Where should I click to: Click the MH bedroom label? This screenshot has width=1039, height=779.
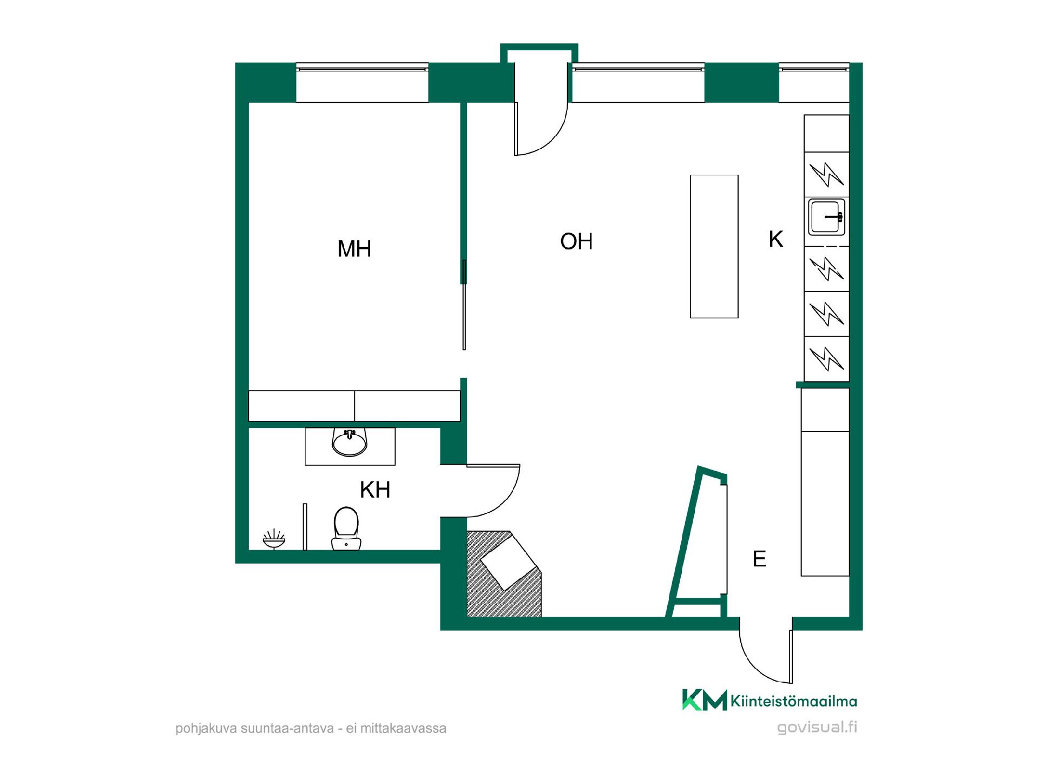click(354, 249)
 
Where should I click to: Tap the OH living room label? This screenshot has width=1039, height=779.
click(576, 242)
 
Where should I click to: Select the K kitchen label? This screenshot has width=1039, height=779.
click(776, 239)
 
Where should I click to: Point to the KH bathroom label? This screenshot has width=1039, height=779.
click(375, 490)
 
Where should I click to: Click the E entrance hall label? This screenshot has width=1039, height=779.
click(759, 559)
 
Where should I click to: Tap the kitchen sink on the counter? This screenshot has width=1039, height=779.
click(826, 217)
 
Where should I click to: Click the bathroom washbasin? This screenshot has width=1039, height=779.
click(350, 442)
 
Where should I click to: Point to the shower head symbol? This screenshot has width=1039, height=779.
click(274, 539)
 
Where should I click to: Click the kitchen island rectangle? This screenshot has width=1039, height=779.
click(714, 246)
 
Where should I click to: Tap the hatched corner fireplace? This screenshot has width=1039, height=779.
click(504, 574)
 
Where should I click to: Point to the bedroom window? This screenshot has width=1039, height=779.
click(362, 83)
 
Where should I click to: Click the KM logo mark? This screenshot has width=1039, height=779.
click(705, 699)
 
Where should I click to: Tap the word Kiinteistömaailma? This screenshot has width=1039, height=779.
click(794, 702)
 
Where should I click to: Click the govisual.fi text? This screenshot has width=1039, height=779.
click(817, 727)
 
